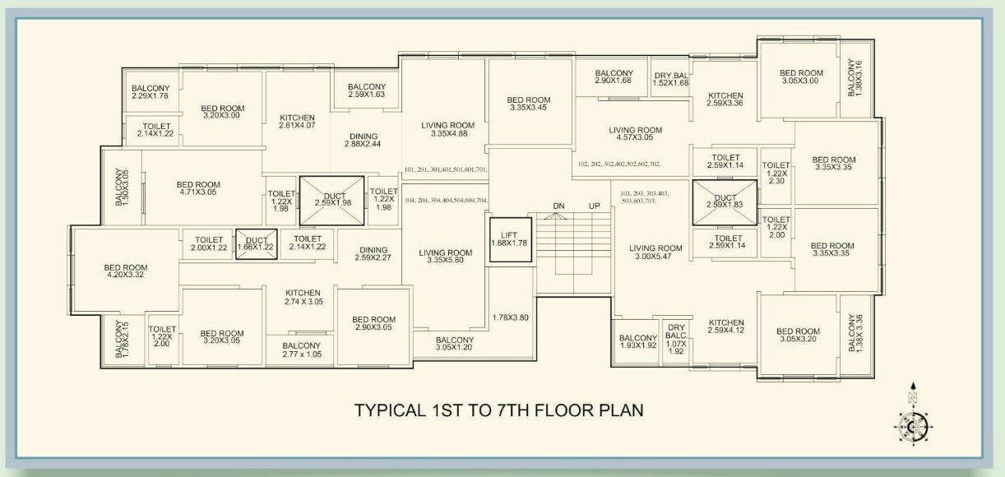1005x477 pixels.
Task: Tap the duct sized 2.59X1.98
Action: tap(330, 200)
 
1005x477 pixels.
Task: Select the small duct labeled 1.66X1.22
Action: tap(256, 244)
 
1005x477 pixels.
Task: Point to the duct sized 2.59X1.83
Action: tap(724, 201)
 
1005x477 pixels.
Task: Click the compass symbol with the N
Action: tap(912, 424)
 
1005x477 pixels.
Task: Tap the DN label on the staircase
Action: tap(558, 206)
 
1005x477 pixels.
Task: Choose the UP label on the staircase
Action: tap(594, 206)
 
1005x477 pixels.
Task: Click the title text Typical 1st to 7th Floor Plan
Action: tap(498, 409)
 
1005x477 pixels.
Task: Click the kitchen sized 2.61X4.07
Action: tap(297, 121)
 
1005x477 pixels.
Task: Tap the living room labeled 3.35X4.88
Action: tap(443, 129)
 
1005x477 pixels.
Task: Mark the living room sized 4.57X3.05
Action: tap(635, 134)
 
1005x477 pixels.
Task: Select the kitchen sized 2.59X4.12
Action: tap(726, 327)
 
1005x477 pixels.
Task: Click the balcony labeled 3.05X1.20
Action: tap(454, 344)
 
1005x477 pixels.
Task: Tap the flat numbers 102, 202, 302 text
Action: tap(619, 164)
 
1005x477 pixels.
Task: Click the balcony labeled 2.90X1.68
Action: tap(614, 76)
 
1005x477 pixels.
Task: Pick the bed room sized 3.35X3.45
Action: tap(529, 104)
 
